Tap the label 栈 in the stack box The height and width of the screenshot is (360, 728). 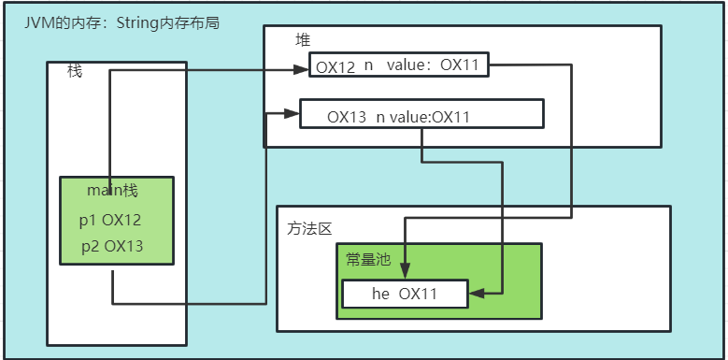click(x=75, y=71)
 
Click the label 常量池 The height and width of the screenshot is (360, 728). click(x=368, y=260)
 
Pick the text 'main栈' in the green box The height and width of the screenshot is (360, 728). click(x=112, y=191)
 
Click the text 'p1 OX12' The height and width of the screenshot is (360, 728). click(x=110, y=221)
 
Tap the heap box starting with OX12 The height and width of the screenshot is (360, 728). click(x=399, y=66)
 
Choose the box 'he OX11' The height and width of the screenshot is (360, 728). click(x=404, y=294)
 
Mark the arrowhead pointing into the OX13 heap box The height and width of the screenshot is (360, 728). click(x=292, y=114)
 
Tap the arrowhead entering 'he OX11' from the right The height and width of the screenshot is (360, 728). click(x=475, y=294)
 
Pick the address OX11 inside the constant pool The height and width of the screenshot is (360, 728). click(x=419, y=294)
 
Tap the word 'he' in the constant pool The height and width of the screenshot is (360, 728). click(x=380, y=294)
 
